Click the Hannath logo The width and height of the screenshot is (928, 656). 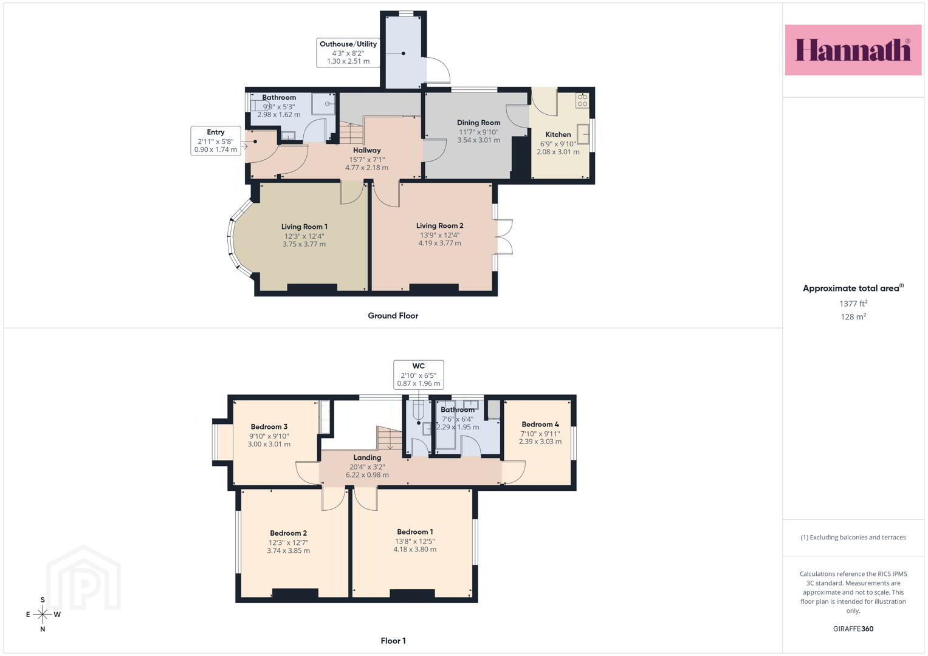point(853,50)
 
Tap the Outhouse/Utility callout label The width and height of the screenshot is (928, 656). point(348,53)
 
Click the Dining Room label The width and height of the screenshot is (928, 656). point(478,123)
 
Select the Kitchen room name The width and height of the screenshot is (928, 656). point(558,134)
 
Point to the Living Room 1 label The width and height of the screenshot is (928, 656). point(304,227)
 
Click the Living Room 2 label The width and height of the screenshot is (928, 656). point(439,225)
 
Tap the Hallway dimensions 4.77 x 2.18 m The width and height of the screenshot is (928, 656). point(366,168)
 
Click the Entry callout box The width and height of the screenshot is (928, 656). point(215,141)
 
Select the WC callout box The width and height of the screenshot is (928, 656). point(419,375)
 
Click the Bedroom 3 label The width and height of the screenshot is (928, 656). point(269,426)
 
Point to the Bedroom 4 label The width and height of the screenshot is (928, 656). point(540,424)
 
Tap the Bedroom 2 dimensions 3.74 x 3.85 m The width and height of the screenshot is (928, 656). point(288,551)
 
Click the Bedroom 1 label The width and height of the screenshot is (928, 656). point(414,531)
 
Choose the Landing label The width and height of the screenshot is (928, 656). point(367,457)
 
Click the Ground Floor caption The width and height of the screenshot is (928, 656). point(393,316)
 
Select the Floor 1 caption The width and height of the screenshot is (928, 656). point(393,641)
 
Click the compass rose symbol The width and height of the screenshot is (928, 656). point(43,614)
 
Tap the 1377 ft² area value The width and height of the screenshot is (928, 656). point(853,304)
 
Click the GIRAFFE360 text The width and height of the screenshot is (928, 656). point(853,629)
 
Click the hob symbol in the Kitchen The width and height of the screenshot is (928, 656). point(582,100)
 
